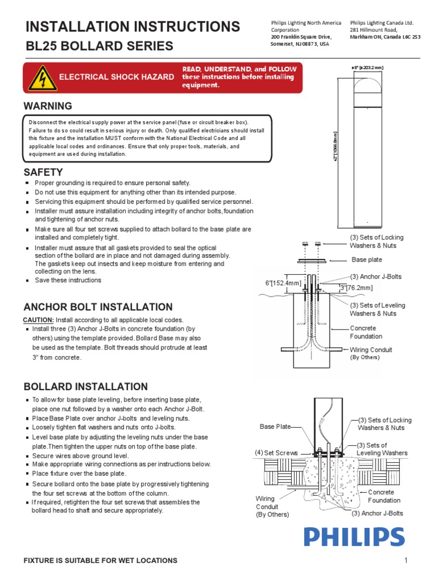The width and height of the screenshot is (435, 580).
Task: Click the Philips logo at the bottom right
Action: pos(354,537)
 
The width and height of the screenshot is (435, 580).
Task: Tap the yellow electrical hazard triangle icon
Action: pos(39,78)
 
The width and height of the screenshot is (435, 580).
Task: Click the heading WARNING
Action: pos(48,106)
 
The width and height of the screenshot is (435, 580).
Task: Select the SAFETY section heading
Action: pos(43,172)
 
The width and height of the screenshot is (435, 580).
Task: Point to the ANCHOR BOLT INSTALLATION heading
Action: pos(98,307)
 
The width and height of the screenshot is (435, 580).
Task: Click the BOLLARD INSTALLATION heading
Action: pos(86,387)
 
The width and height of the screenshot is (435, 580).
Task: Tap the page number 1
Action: pos(406,561)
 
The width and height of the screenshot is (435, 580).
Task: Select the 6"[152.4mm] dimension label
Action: pos(284,283)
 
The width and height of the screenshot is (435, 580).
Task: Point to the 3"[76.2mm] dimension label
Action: pos(355,288)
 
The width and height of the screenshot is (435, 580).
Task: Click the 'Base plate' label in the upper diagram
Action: pos(367,260)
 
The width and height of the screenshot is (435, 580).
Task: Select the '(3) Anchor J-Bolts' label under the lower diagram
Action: pos(377,513)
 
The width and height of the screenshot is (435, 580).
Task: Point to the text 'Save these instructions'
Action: pos(68,280)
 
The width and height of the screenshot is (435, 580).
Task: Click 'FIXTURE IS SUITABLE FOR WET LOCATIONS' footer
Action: pos(100,561)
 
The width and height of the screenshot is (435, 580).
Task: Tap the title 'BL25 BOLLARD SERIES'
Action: pos(99,46)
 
